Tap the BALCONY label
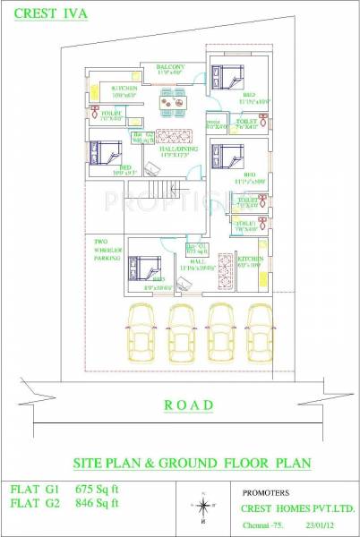click(x=171, y=68)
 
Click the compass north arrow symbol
click(x=204, y=506)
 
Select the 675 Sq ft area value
click(x=97, y=490)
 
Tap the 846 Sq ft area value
click(x=97, y=503)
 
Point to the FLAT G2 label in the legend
click(x=33, y=503)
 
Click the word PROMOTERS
click(x=269, y=491)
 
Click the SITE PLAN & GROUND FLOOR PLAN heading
click(x=191, y=463)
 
